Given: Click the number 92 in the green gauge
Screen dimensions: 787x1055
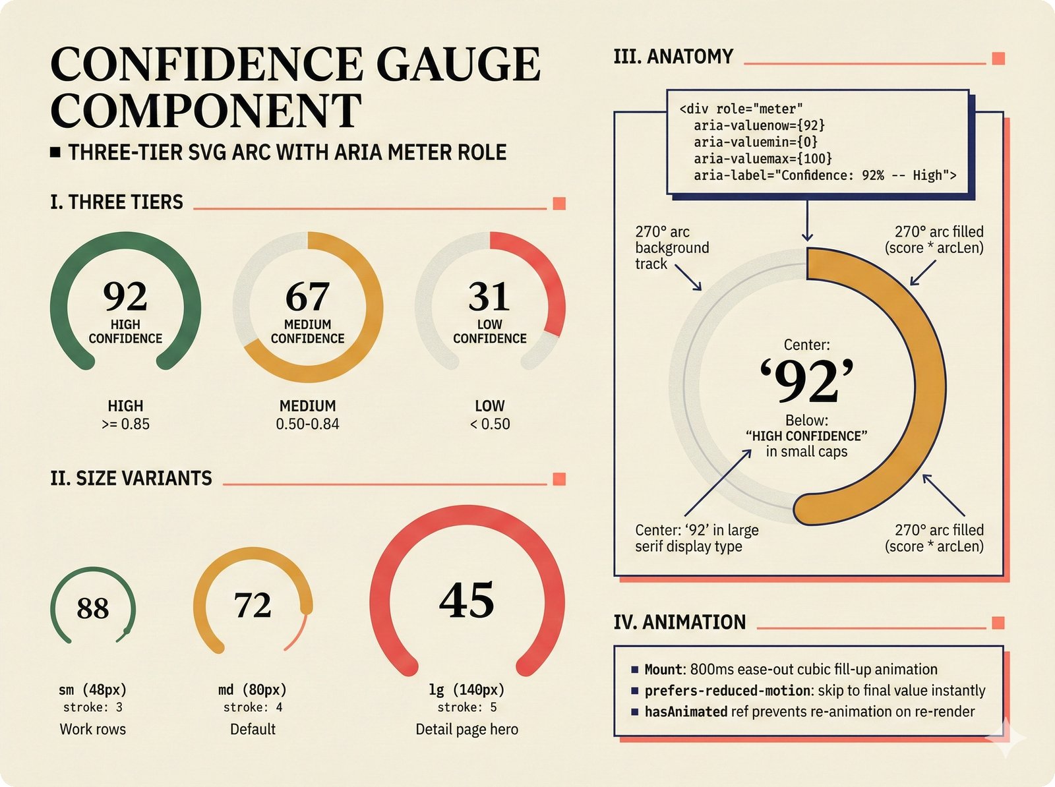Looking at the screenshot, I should point(125,297).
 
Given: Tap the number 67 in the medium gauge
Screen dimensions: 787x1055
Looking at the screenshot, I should point(307,297).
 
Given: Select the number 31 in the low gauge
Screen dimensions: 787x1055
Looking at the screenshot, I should point(489,297).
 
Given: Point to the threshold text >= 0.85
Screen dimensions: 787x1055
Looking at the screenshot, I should point(125,424).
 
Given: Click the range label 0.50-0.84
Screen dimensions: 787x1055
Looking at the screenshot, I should point(307,424).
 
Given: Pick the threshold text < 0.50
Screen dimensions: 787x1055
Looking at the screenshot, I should point(490,424).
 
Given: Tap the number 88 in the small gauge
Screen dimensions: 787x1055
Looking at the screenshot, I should point(93,608).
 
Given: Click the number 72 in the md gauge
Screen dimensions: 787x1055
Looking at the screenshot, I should point(253,605).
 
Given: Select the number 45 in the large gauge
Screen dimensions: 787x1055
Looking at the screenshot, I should point(467,600).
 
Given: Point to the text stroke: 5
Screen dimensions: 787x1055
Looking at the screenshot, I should point(467,707).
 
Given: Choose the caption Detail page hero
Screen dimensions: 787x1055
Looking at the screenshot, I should point(467,729).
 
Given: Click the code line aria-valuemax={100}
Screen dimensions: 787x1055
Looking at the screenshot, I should point(762,158).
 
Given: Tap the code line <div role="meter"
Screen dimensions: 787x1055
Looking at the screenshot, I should point(741,109).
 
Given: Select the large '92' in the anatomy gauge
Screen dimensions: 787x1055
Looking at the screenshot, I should point(806,382).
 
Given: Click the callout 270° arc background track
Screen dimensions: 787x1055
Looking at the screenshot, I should point(672,248).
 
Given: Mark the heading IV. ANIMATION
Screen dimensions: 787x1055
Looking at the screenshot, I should point(680,622).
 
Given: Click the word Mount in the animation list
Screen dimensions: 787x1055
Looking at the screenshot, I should point(663,670).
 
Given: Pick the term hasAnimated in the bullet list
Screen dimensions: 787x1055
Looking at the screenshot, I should point(686,712).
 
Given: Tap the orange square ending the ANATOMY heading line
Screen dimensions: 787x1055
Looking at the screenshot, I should point(998,59).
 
